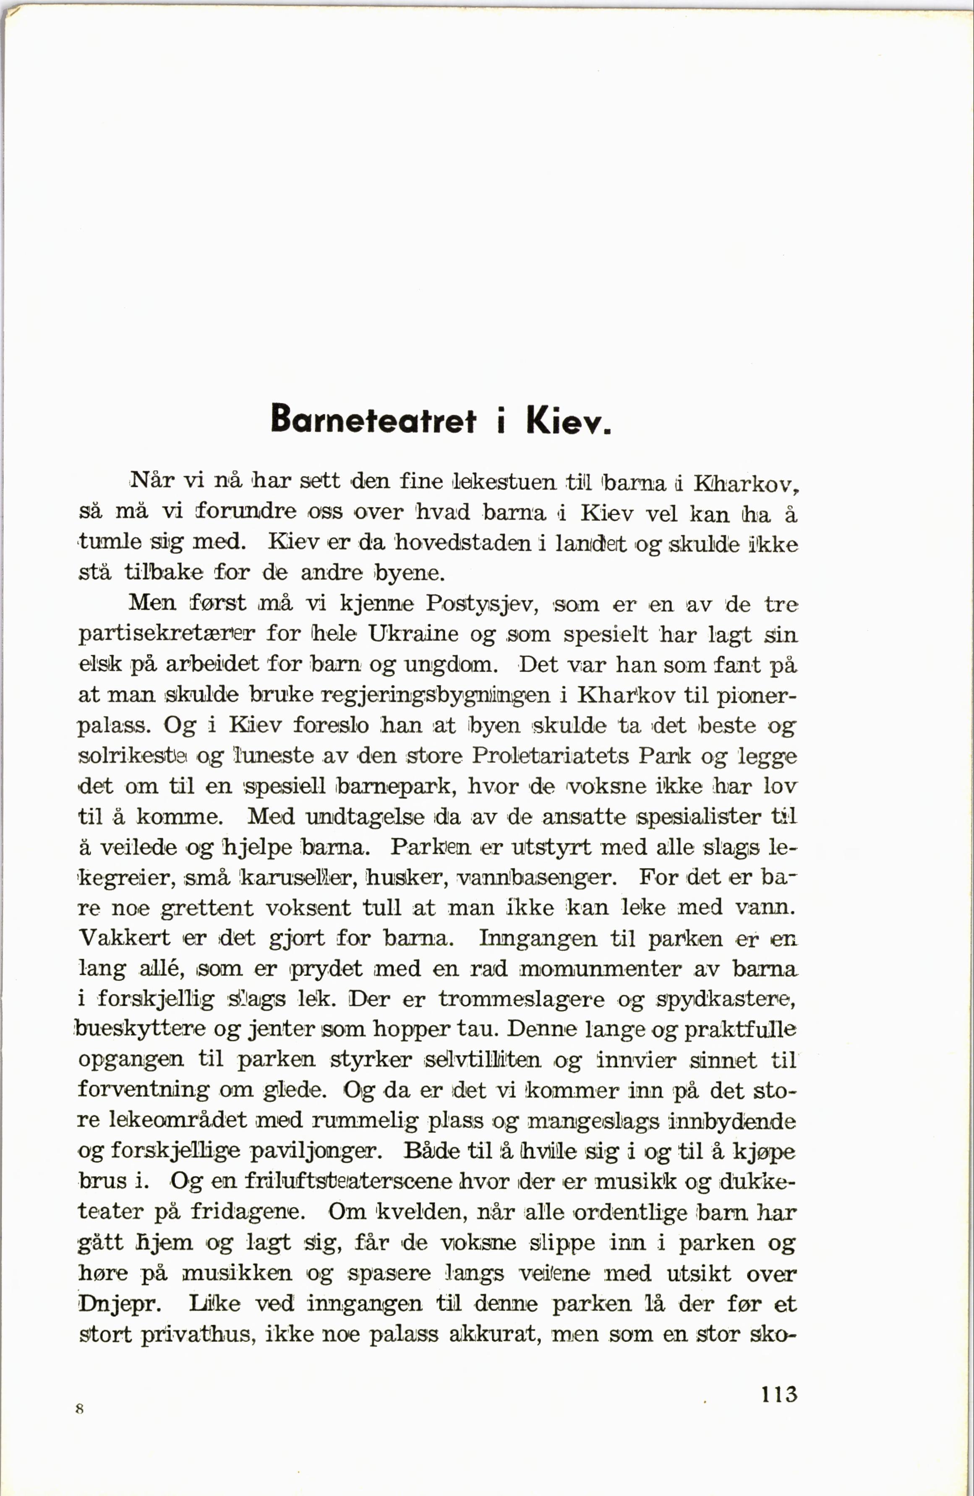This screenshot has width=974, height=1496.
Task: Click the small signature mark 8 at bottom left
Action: pos(79,1409)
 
